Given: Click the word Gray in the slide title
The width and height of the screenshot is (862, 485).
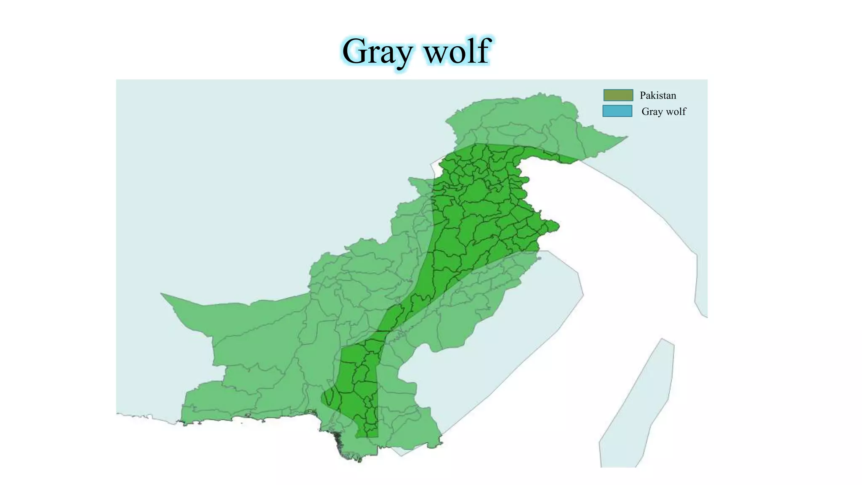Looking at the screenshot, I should (377, 51).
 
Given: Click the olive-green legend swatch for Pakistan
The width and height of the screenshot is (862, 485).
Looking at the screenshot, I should (618, 95).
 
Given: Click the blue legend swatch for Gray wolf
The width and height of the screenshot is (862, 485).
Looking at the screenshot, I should (617, 111).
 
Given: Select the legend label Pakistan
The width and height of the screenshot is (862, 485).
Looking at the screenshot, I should (658, 96).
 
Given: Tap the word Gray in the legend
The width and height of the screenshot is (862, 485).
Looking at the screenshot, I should (652, 112).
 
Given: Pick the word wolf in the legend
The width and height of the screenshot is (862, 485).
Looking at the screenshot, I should (676, 112).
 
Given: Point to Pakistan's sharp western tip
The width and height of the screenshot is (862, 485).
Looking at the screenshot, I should (162, 294).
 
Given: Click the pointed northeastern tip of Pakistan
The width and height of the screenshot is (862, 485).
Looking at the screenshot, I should (626, 137).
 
